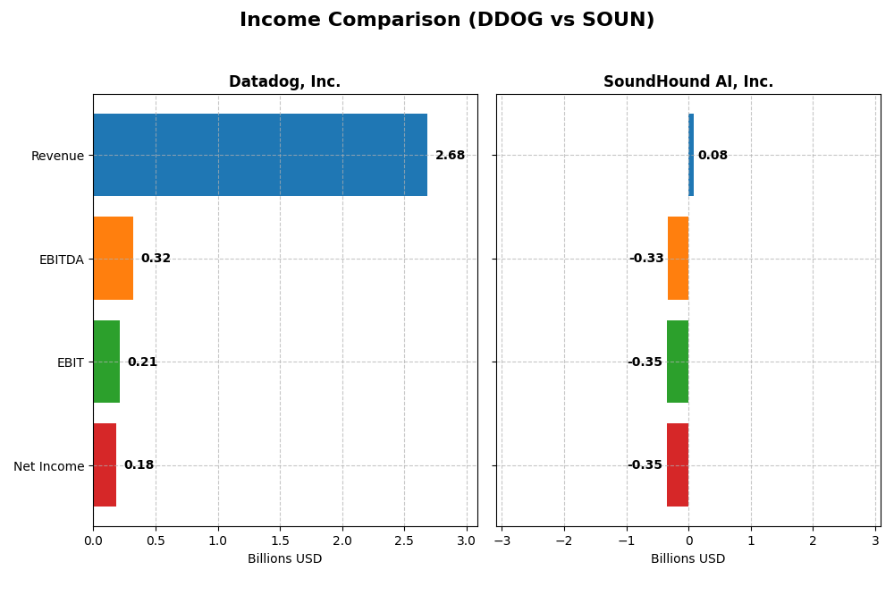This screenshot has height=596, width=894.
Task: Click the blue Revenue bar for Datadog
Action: tap(259, 155)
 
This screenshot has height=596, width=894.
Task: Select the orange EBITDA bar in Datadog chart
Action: tap(113, 259)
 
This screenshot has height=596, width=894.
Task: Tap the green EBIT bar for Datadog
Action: tap(106, 362)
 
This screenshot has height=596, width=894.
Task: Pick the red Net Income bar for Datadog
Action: tap(105, 465)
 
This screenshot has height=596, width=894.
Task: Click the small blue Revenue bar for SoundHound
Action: tap(691, 155)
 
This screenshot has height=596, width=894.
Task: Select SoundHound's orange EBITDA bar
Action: tap(678, 259)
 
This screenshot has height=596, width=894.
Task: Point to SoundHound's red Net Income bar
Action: tap(678, 465)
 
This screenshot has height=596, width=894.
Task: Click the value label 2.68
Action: tap(450, 156)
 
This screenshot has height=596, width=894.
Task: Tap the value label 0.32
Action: tap(156, 259)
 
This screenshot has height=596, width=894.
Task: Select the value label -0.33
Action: tap(646, 259)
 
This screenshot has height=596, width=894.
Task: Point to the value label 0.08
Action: tap(713, 156)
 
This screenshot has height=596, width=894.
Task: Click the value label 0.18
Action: tap(139, 465)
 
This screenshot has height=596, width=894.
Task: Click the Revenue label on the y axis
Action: tap(57, 157)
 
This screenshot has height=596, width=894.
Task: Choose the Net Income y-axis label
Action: tap(48, 466)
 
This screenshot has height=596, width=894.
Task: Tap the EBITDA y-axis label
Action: tap(61, 260)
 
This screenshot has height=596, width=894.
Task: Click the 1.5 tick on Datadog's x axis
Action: tap(280, 541)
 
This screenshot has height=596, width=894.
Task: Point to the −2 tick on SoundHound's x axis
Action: tap(563, 541)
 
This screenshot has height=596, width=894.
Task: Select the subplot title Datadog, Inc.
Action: tap(284, 82)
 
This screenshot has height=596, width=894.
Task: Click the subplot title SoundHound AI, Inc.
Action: tap(687, 82)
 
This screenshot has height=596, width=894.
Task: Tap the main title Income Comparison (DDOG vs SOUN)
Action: tap(447, 21)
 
